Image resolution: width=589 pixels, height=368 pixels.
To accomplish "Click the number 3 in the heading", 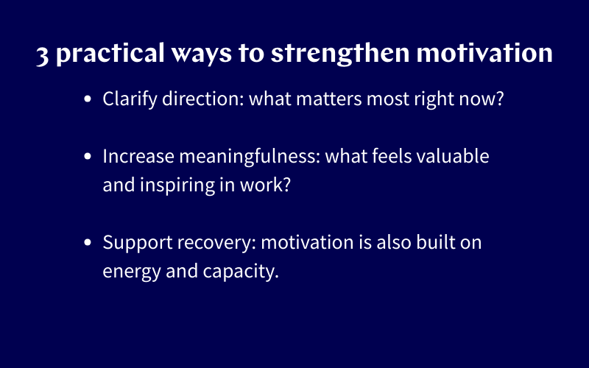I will [x=43, y=56].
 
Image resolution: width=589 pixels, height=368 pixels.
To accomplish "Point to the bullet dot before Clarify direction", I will [x=88, y=99].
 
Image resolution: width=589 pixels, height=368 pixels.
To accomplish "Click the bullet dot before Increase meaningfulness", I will [x=88, y=157].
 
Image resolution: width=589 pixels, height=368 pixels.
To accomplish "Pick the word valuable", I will [x=456, y=156].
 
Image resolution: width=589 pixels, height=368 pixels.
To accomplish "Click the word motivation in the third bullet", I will [x=303, y=242].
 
